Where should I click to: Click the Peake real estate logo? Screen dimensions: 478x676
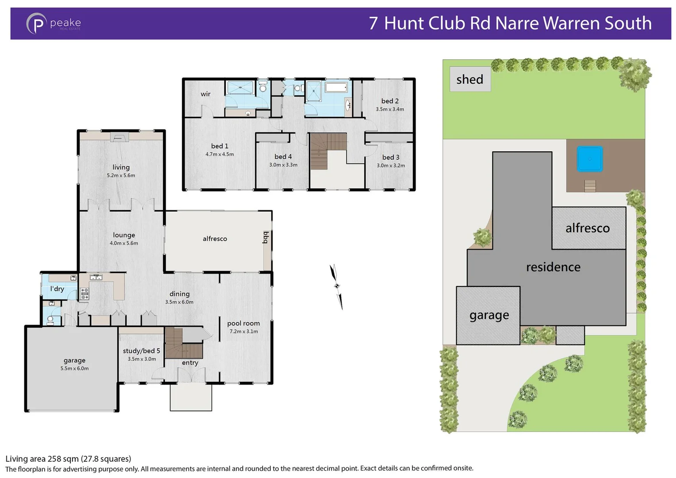[53, 23]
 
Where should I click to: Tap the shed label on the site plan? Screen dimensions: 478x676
[469, 79]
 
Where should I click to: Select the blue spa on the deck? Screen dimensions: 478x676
[589, 159]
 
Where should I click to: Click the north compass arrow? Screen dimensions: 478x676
[336, 286]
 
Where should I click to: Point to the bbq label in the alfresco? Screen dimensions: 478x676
[266, 238]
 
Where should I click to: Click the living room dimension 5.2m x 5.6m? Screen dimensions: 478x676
[121, 175]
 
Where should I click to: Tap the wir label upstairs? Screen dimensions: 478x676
[205, 94]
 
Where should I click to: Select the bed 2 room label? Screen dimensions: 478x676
[390, 101]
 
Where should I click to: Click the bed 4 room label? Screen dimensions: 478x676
[283, 157]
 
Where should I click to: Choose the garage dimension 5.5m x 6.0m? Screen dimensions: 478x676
[74, 368]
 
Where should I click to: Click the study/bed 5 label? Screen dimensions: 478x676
[141, 351]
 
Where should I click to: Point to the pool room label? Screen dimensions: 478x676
[243, 324]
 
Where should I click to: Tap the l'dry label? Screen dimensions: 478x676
[57, 289]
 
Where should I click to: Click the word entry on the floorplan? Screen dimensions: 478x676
[190, 363]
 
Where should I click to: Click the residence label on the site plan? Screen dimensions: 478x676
[553, 267]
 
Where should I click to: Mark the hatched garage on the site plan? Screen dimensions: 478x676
[488, 315]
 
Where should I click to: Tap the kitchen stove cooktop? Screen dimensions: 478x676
[84, 293]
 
